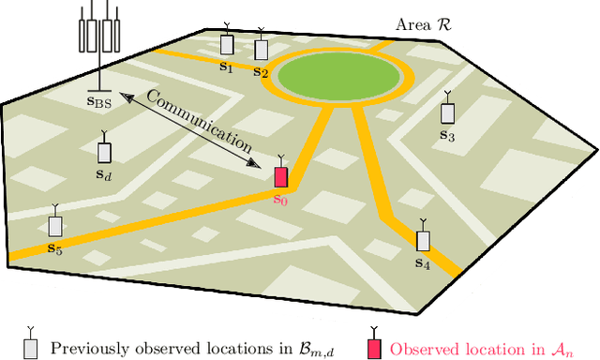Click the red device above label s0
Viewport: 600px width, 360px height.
(x=280, y=176)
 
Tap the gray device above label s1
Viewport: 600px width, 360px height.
(x=226, y=44)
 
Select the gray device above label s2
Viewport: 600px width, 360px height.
(x=260, y=48)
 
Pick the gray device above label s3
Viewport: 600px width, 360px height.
(x=448, y=112)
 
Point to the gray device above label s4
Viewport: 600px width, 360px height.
(x=423, y=239)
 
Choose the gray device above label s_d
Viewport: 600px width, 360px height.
(x=104, y=151)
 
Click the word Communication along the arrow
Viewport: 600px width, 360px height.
(x=199, y=122)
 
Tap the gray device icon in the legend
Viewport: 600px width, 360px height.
(x=30, y=347)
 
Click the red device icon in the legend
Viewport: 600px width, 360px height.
(x=373, y=348)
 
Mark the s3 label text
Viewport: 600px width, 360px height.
(x=447, y=136)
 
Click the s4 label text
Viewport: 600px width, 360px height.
(x=422, y=264)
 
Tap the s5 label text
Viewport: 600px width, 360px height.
(x=54, y=249)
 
